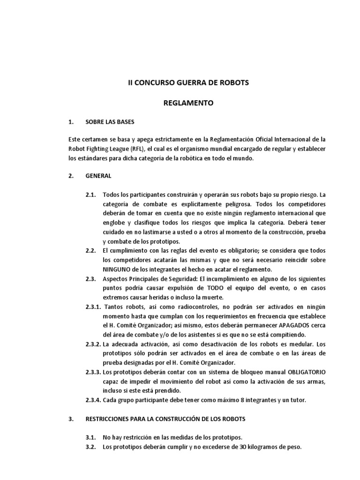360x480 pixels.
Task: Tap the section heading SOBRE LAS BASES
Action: [x=110, y=122]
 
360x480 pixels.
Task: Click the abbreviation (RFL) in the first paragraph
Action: [x=126, y=149]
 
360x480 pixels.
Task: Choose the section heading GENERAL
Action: [x=98, y=176]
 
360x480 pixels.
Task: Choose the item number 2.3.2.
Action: [x=93, y=344]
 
